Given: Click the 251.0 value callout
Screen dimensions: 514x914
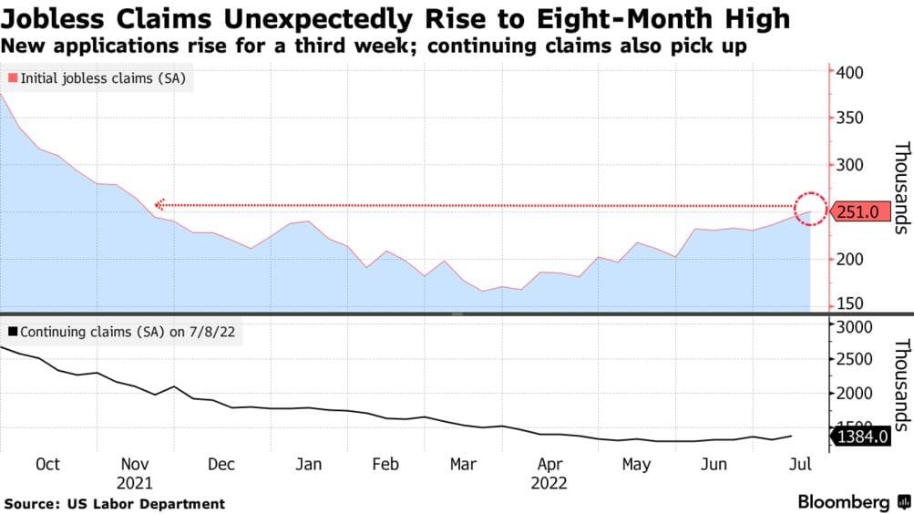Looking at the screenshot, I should [858, 211].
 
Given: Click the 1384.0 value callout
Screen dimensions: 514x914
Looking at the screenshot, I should [858, 438].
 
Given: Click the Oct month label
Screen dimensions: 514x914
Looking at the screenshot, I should [47, 464].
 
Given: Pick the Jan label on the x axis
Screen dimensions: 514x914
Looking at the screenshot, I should [309, 464].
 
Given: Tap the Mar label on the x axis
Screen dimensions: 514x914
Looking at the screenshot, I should [465, 464].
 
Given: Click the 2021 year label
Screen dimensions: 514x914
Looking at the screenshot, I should [135, 483].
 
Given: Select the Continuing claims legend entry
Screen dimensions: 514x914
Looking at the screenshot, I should [122, 332].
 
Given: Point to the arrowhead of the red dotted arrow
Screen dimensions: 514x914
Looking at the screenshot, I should [159, 205].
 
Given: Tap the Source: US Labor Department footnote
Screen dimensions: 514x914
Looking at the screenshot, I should [115, 503].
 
